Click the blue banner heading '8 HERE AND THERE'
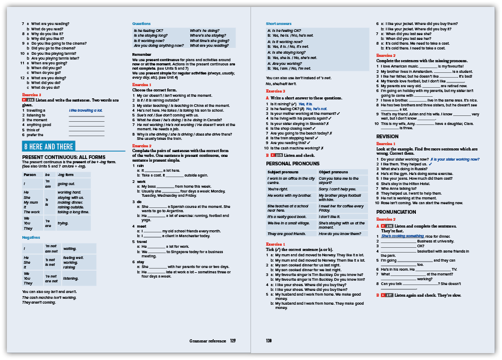[48, 147]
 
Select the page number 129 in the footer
[233, 341]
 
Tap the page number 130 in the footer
[269, 341]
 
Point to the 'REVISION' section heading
[387, 136]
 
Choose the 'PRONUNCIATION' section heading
[397, 212]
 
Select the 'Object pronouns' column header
[333, 172]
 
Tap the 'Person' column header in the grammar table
[30, 174]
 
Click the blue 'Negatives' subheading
[31, 237]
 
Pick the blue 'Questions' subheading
[141, 24]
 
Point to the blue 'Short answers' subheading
[279, 24]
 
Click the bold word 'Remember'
[142, 54]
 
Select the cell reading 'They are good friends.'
[287, 234]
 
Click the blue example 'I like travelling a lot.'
[86, 111]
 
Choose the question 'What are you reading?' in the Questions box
[210, 46]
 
